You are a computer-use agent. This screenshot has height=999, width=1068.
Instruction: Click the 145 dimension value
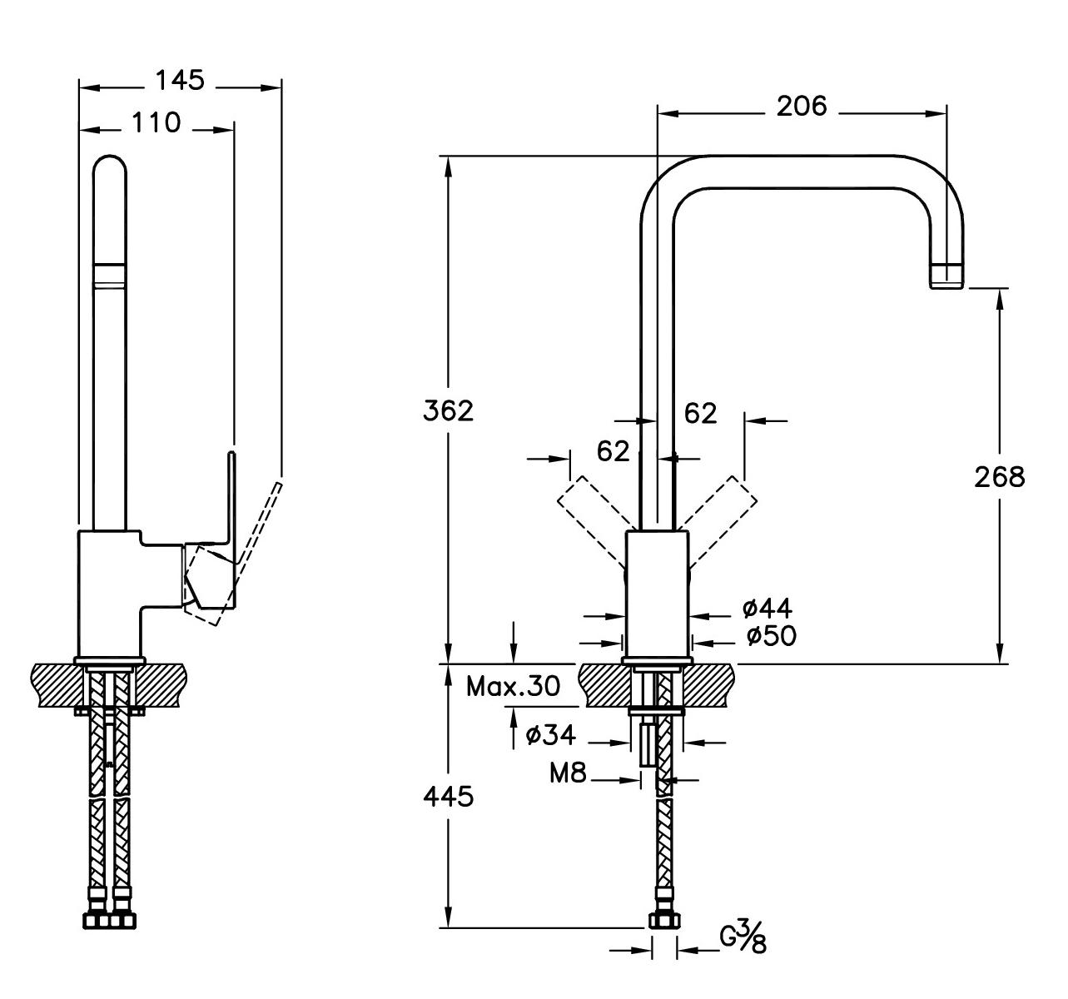[179, 80]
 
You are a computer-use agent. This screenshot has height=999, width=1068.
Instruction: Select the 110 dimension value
[156, 122]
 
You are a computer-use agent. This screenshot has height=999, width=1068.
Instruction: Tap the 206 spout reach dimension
[802, 106]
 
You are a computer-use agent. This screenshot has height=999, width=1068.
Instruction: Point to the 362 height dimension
[448, 410]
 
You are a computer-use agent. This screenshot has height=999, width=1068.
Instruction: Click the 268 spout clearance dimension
[999, 476]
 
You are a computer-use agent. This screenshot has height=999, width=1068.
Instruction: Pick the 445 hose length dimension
[448, 797]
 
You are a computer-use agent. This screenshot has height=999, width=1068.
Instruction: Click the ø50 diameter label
[771, 636]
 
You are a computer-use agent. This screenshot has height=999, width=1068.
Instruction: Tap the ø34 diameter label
[550, 735]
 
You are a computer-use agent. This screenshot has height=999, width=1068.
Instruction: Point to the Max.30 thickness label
[513, 687]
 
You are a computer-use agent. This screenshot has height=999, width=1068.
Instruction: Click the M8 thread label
[568, 774]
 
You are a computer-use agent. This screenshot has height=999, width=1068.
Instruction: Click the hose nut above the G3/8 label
[665, 921]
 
